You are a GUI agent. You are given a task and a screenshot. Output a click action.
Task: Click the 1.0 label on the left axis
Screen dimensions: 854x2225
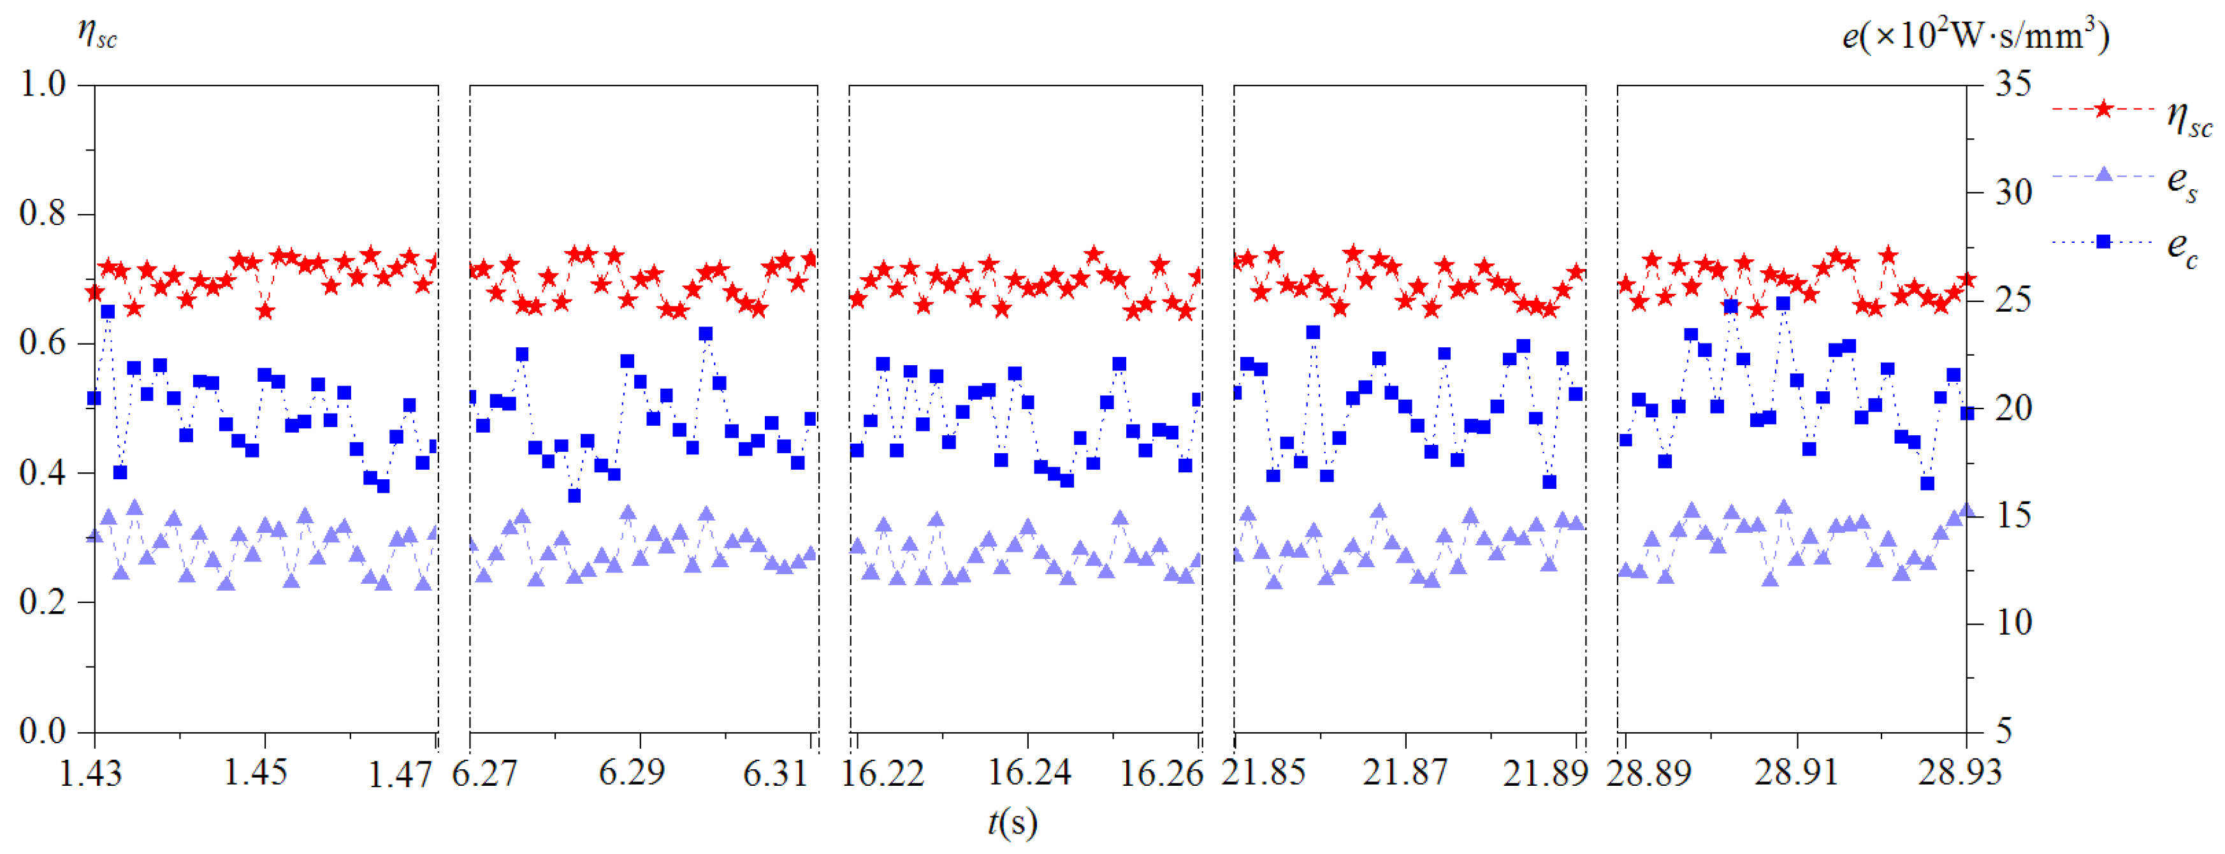(43, 85)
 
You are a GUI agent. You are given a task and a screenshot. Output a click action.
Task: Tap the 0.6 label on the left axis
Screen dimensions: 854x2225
(43, 343)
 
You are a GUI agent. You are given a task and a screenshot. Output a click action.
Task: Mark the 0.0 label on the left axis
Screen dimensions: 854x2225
(43, 732)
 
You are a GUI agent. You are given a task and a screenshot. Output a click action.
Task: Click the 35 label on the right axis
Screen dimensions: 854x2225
(2013, 85)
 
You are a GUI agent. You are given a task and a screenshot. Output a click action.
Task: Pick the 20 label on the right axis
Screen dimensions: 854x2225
(2013, 408)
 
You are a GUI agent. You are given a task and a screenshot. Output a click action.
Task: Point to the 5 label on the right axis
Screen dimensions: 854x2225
(2004, 732)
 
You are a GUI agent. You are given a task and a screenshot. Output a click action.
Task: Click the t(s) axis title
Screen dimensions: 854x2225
(1012, 822)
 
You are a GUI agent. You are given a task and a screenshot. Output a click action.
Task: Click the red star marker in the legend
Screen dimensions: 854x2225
(2104, 110)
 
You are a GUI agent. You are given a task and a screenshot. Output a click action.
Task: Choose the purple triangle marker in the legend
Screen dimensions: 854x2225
(2104, 175)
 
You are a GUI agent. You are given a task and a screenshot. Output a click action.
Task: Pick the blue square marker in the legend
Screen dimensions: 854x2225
(2104, 242)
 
